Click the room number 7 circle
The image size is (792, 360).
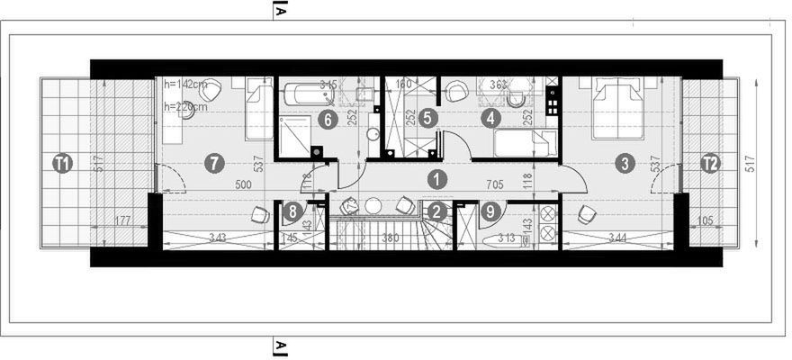point(213,163)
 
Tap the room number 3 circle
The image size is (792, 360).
point(622,163)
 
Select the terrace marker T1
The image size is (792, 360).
point(62,164)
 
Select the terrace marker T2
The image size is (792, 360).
point(710,164)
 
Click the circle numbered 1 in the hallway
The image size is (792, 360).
point(436,178)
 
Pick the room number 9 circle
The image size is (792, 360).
point(490,212)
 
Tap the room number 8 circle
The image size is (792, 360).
point(292,212)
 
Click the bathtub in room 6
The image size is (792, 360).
point(309,94)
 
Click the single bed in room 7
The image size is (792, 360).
point(259,108)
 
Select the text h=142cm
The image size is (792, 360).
point(186,85)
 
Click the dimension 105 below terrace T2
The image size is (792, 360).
point(705,220)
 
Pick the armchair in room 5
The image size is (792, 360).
point(456,91)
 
